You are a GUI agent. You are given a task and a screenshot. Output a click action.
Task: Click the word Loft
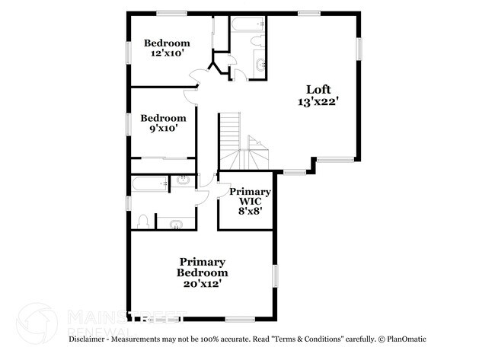tap(319, 88)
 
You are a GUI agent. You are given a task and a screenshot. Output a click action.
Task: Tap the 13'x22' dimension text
tap(319, 100)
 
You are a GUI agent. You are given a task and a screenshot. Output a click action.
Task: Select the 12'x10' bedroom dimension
tap(167, 54)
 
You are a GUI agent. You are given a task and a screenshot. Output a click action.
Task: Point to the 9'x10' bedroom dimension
tap(163, 129)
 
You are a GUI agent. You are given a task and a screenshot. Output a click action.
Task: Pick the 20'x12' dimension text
tap(202, 284)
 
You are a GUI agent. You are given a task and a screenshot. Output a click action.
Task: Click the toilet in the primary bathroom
tap(143, 221)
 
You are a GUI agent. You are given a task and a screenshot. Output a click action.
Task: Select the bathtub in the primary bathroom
tap(149, 183)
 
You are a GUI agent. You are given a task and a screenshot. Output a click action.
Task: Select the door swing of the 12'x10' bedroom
tap(196, 75)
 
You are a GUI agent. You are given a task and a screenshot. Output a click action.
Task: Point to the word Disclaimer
tap(92, 339)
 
